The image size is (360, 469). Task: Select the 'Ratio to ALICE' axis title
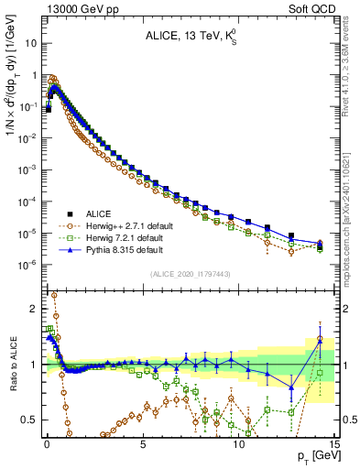(x=11, y=364)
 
